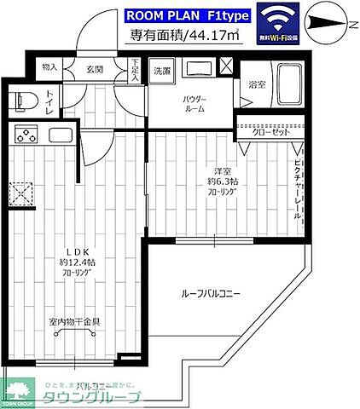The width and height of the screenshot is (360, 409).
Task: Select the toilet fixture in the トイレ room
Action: point(20,101)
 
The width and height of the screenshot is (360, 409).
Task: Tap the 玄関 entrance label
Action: point(94,68)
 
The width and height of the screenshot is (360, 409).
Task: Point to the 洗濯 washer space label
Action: point(162,72)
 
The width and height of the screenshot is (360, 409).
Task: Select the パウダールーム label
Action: point(194,105)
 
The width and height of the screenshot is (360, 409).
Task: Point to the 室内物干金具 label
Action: point(74,321)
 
